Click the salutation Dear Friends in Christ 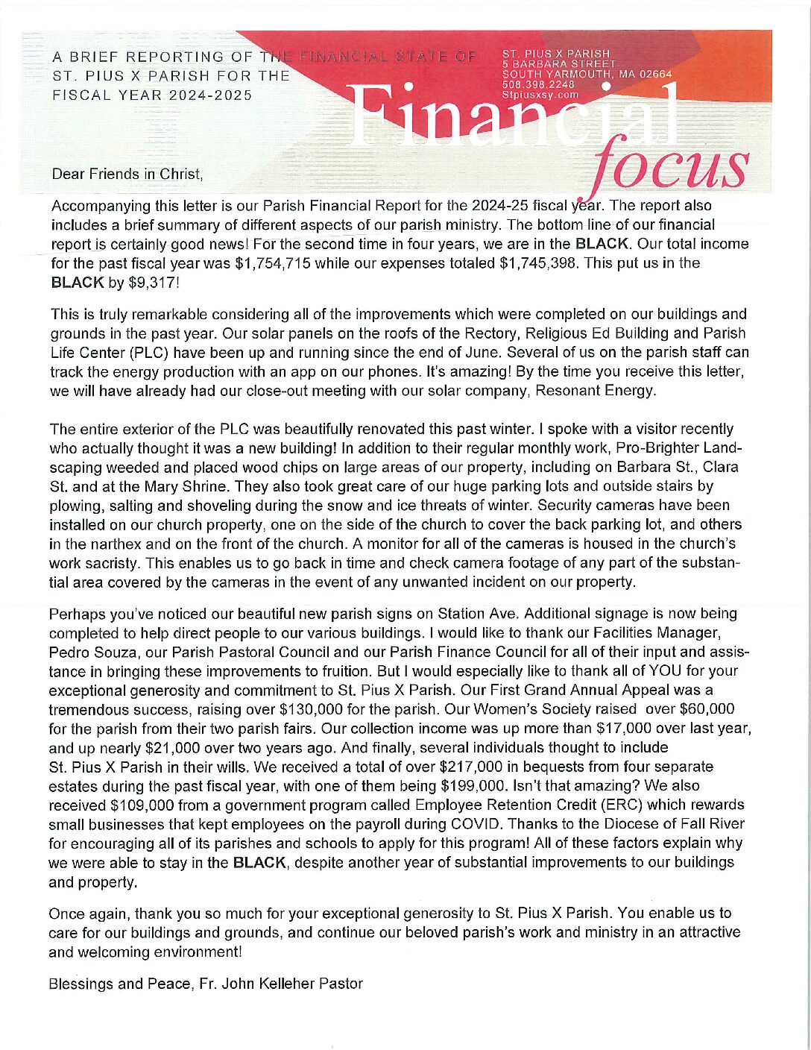click(127, 175)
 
